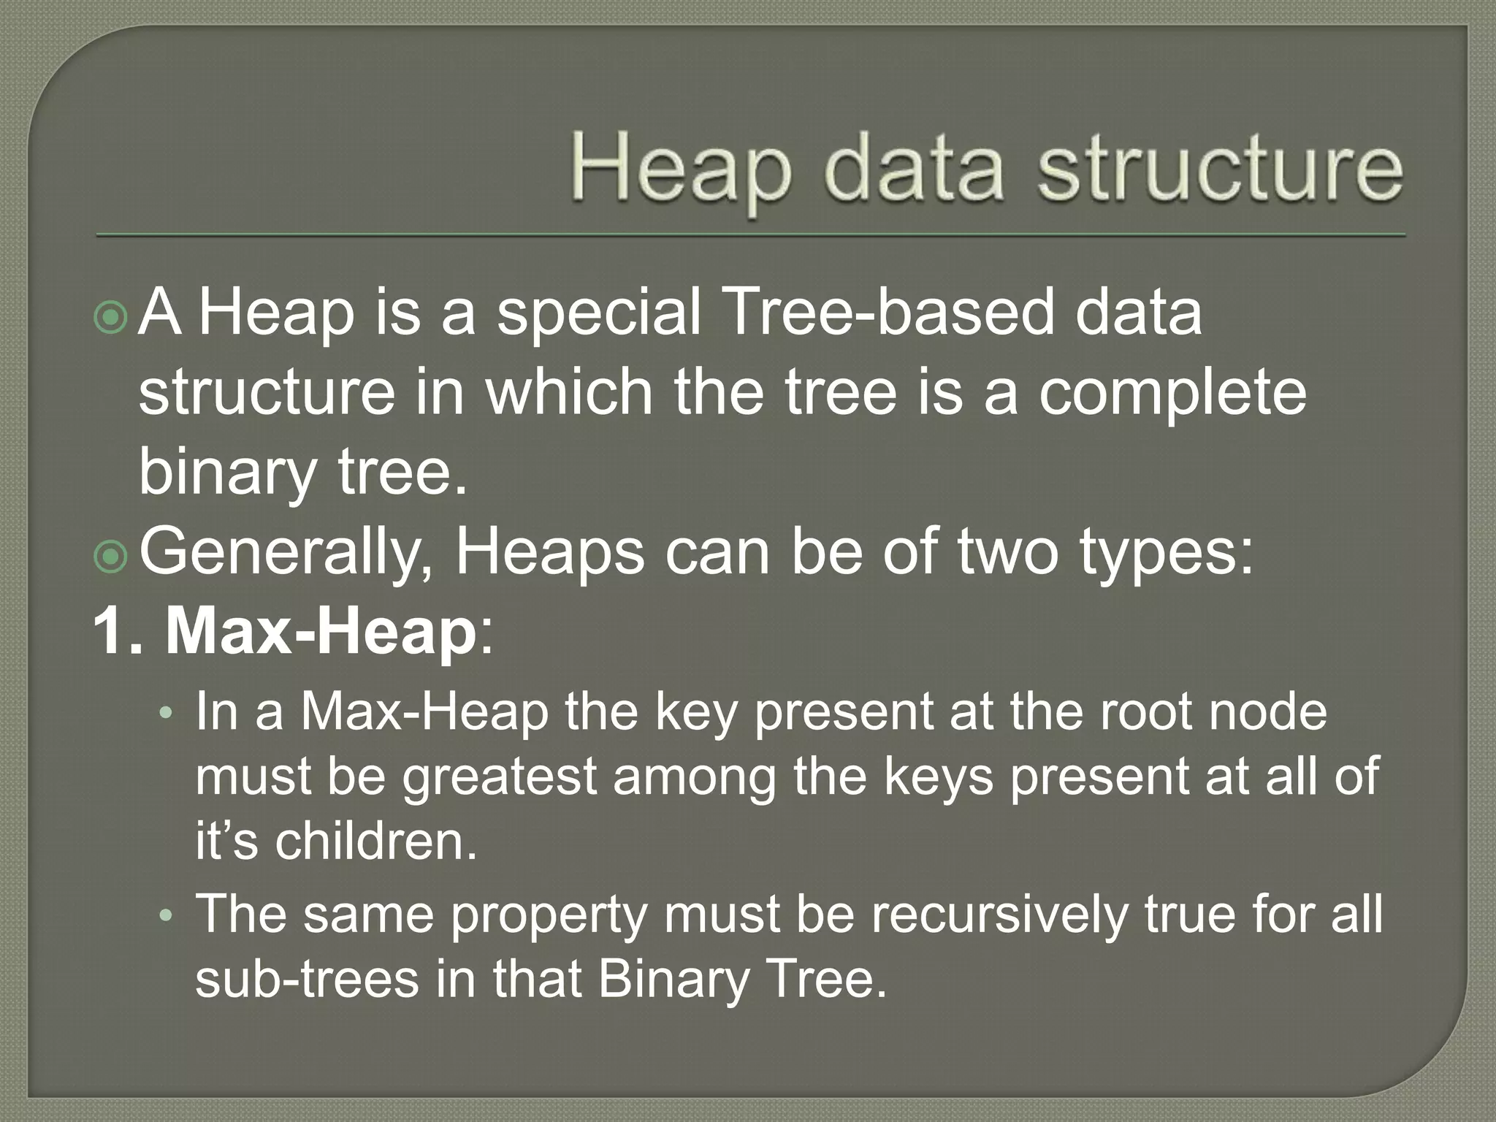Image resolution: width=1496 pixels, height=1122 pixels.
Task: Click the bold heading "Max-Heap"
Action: pyautogui.click(x=321, y=632)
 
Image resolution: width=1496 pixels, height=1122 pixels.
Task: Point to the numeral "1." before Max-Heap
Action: pyautogui.click(x=121, y=632)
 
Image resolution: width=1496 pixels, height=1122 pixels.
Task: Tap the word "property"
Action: pyautogui.click(x=549, y=915)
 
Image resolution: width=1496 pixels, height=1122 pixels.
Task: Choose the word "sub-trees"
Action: pyautogui.click(x=308, y=979)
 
